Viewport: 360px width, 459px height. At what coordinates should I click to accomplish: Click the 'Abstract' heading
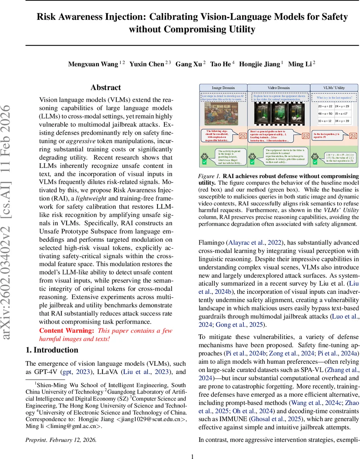pyautogui.click(x=105, y=88)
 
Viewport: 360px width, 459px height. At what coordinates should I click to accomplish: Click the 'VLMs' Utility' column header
pyautogui.click(x=334, y=88)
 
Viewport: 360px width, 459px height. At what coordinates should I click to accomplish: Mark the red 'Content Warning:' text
pyautogui.click(x=62, y=331)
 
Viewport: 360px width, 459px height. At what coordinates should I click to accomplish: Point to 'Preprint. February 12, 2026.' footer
pyautogui.click(x=61, y=439)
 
